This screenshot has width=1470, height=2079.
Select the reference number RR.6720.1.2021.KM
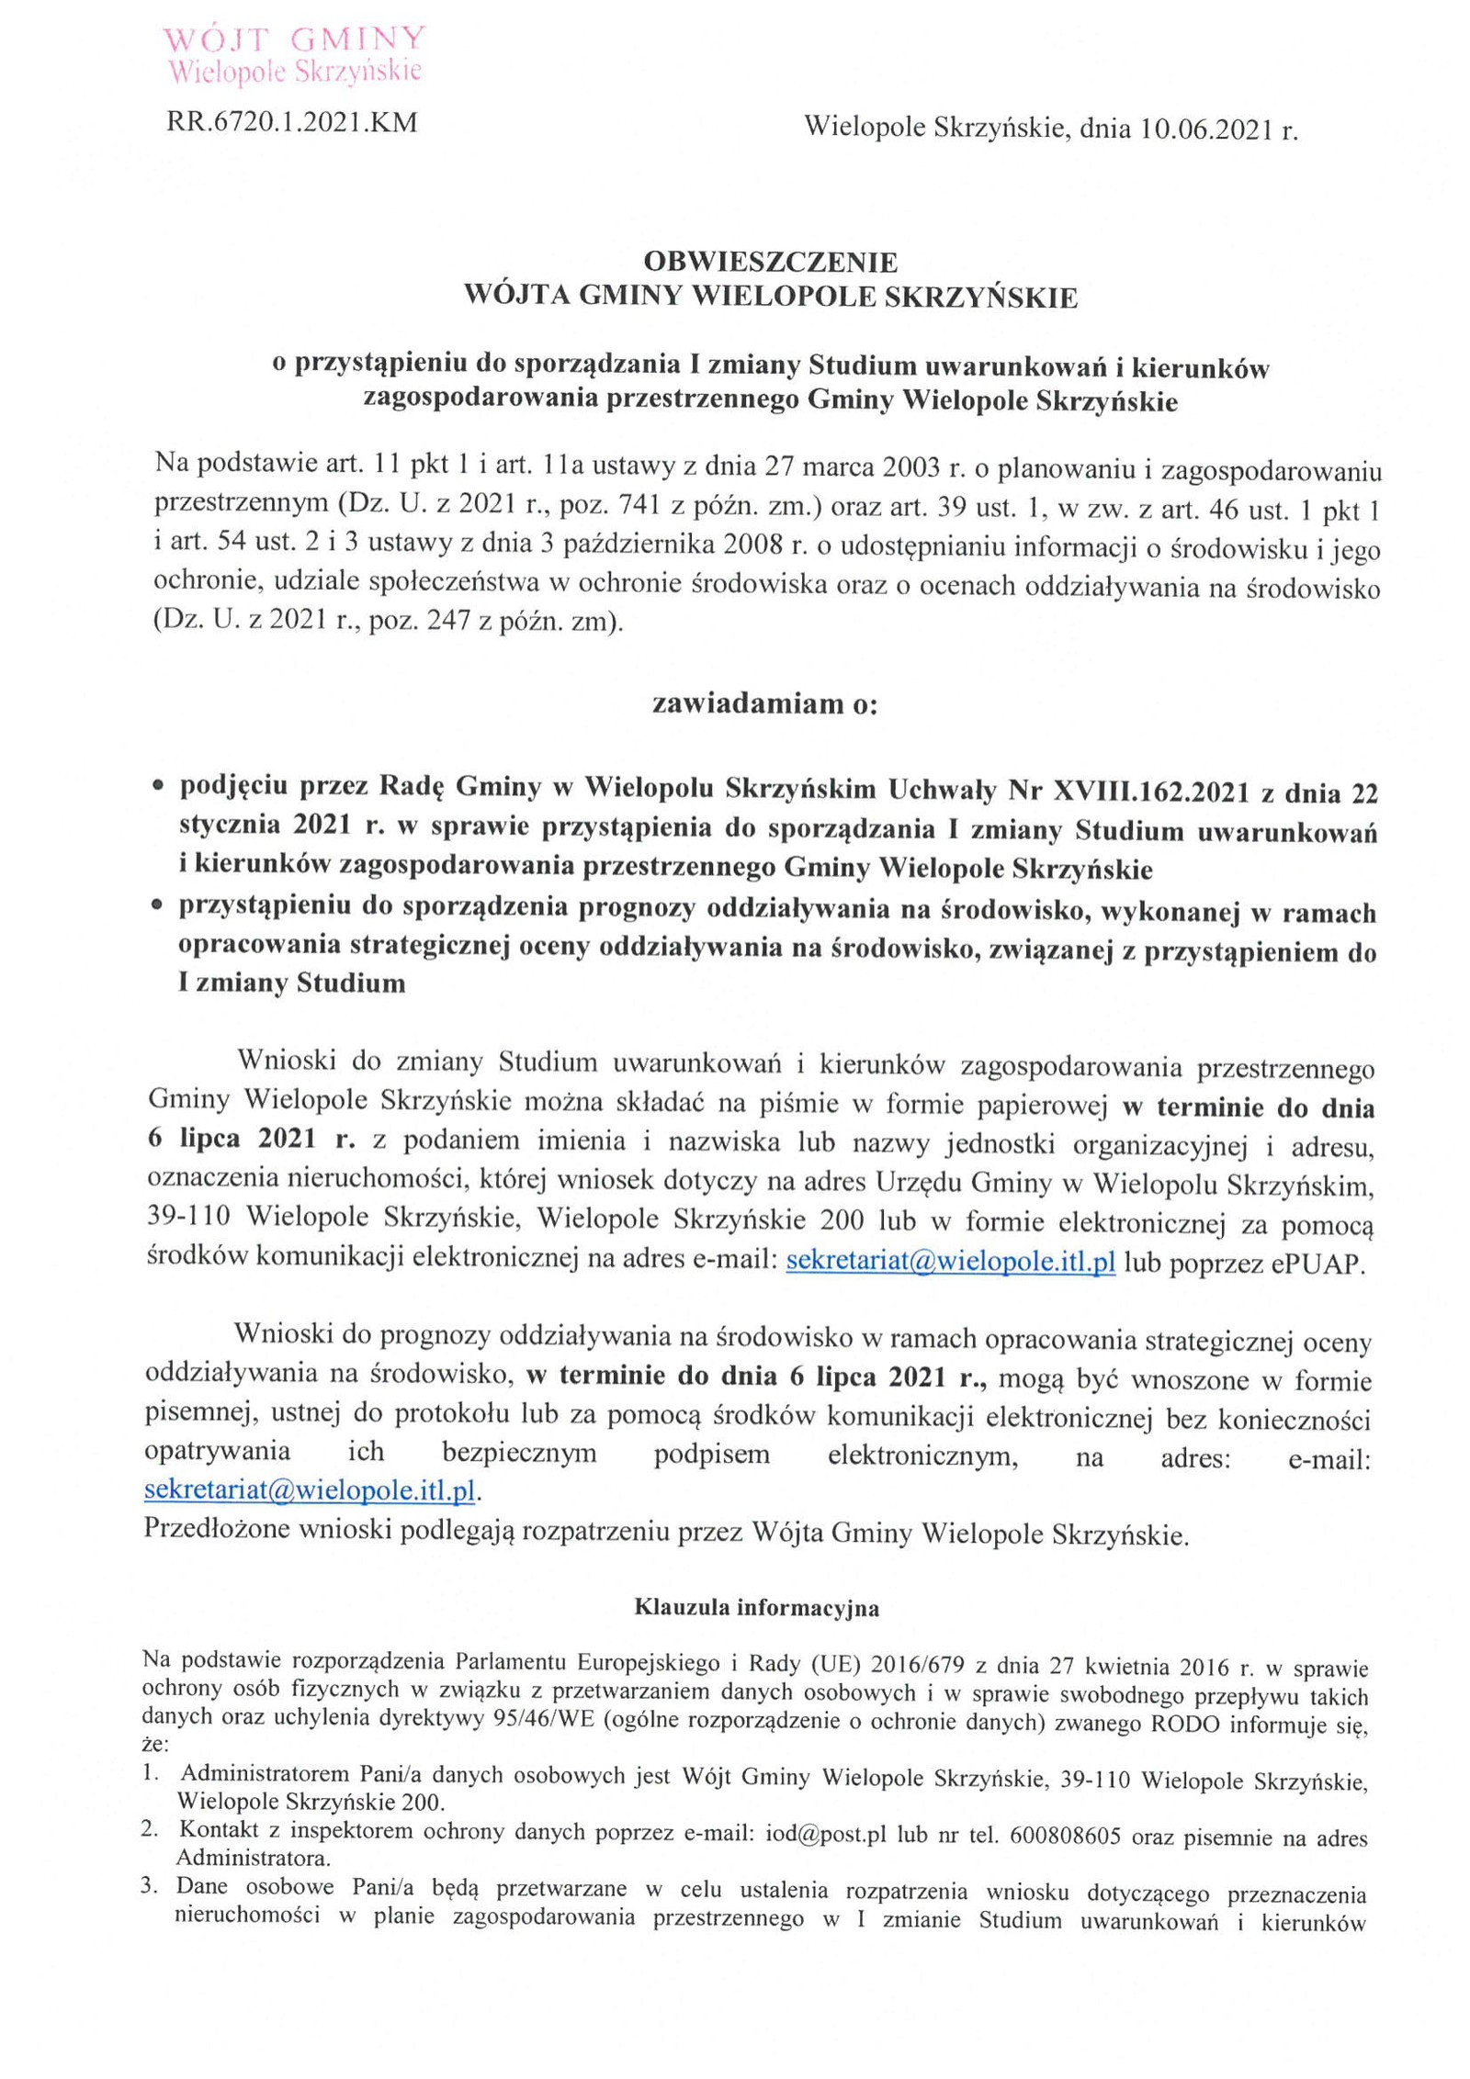tap(292, 122)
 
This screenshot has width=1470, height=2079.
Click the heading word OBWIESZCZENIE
tap(770, 263)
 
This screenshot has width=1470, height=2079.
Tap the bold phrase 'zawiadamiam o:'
tap(765, 703)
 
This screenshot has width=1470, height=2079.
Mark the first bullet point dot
tap(159, 788)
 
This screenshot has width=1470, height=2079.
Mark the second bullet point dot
tap(159, 906)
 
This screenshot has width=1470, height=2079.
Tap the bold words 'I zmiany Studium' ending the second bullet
tap(292, 984)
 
